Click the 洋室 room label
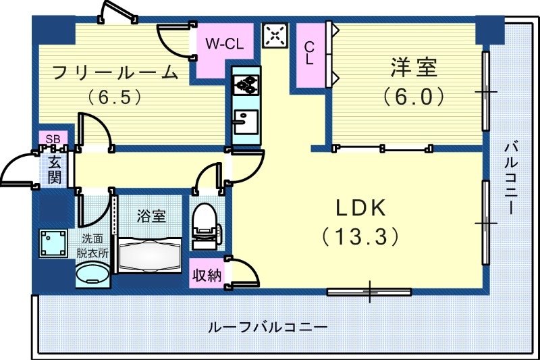click(x=414, y=68)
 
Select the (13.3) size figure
click(x=358, y=236)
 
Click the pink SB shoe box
click(x=52, y=139)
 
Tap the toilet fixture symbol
click(x=205, y=222)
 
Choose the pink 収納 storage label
click(x=207, y=276)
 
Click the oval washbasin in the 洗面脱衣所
click(x=92, y=275)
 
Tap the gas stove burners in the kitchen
click(x=246, y=85)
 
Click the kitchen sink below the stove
click(x=244, y=122)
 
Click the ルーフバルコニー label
click(x=267, y=327)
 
